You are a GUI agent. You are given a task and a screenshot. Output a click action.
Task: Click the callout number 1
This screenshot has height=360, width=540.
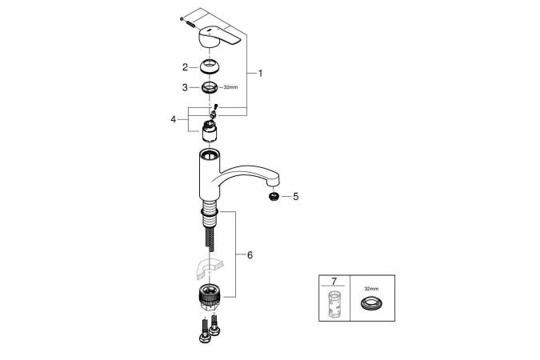260,74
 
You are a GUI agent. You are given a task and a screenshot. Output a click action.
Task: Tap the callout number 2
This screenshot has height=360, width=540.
185,67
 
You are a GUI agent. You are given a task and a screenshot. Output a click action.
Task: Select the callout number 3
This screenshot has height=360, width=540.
185,87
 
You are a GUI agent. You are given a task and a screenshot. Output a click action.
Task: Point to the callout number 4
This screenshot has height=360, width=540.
174,119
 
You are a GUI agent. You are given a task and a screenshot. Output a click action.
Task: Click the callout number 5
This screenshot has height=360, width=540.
296,197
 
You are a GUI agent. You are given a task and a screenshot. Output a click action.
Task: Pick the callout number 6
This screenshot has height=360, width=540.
250,255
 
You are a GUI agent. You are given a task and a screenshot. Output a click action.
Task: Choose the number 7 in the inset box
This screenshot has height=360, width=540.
334,282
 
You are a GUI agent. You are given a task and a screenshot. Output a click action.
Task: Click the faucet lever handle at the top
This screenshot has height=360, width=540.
220,38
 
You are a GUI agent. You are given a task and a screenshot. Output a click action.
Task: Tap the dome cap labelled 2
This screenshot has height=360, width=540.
210,66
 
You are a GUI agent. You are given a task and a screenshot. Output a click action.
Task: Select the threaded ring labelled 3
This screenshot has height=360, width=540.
210,87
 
